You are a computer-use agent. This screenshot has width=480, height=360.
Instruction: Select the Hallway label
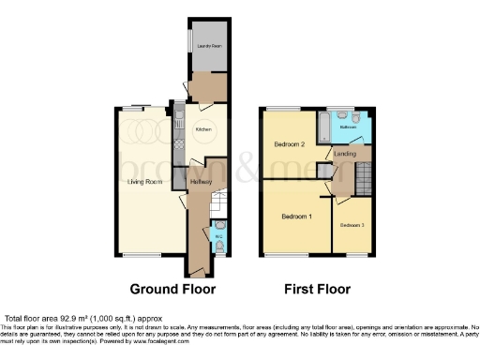coord(201,181)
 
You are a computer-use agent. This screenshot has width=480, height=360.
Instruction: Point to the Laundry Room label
coord(208,45)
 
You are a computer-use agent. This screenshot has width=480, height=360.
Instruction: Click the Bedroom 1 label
coord(297,217)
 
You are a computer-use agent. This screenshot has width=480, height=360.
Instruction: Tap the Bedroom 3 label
coord(352,225)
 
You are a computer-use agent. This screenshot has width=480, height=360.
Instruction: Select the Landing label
coord(345,157)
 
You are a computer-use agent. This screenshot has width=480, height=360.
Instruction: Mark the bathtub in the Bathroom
coord(322,124)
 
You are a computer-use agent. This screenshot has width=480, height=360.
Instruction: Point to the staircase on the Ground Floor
coord(217,202)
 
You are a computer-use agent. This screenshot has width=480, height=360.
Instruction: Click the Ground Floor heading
coord(172,288)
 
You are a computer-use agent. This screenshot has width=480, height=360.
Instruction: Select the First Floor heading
coord(319,288)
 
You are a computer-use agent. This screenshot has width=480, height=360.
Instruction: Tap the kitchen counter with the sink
coord(177,131)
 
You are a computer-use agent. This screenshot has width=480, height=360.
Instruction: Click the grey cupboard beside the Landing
coord(323,171)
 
